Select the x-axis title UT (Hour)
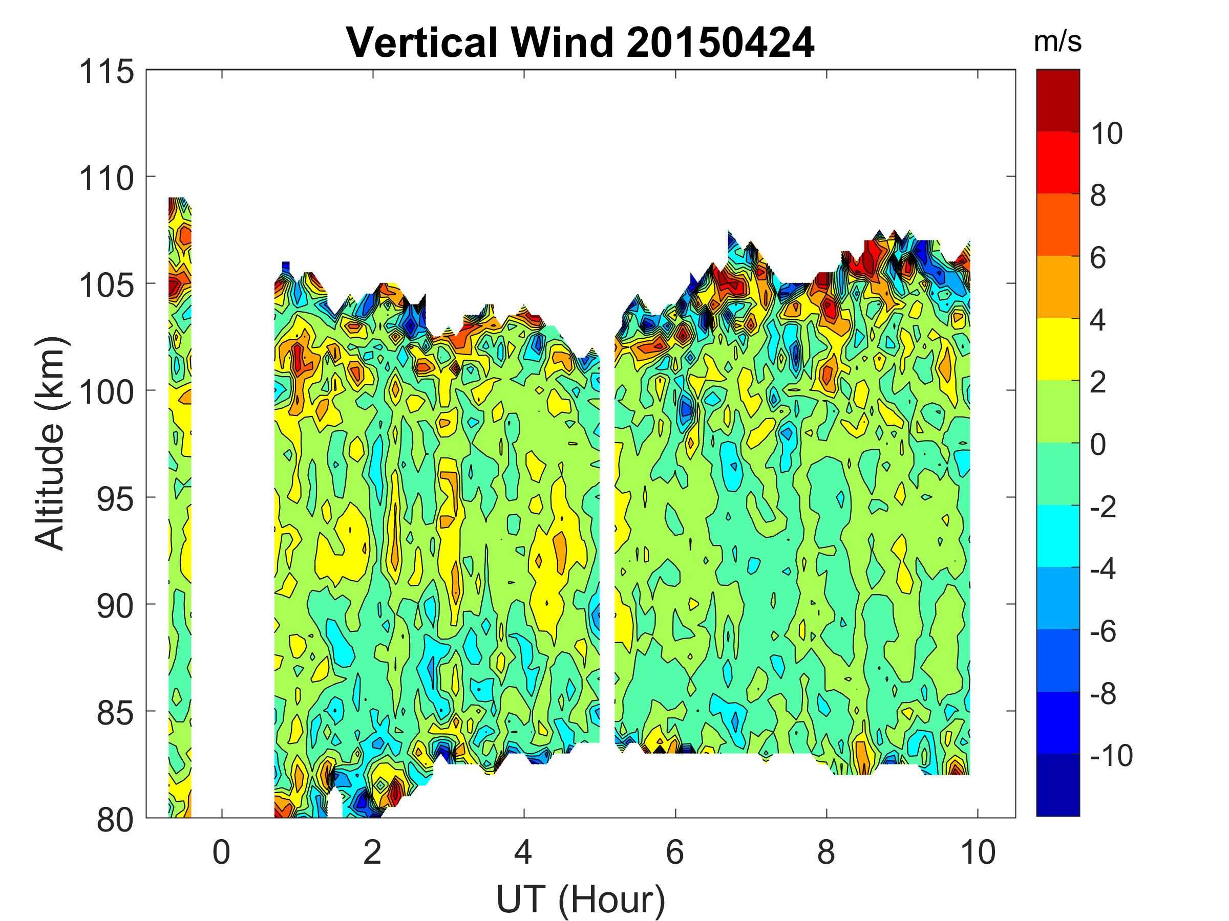pos(580,899)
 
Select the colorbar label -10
pos(1110,756)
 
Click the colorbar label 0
pos(1098,445)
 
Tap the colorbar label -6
pos(1103,631)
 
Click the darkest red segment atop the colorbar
pos(1058,100)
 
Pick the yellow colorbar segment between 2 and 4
pos(1058,349)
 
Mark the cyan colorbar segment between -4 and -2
pos(1058,536)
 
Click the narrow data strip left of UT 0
pos(179,499)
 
